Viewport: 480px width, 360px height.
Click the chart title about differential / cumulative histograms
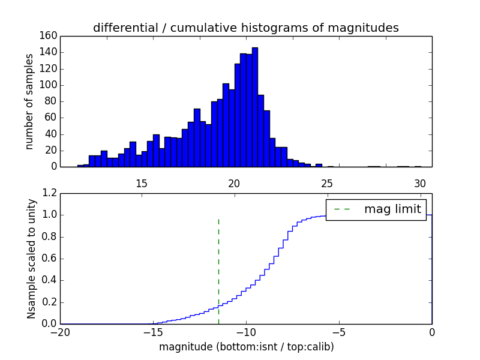(x=245, y=28)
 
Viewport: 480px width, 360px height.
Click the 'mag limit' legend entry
(x=392, y=209)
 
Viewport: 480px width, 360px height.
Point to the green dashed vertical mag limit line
(x=218, y=270)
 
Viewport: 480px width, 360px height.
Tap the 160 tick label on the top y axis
(x=49, y=36)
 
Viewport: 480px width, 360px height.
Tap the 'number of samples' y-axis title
(x=29, y=101)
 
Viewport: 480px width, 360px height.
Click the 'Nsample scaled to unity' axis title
(x=31, y=259)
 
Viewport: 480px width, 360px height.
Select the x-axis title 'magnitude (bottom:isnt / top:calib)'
(x=246, y=347)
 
